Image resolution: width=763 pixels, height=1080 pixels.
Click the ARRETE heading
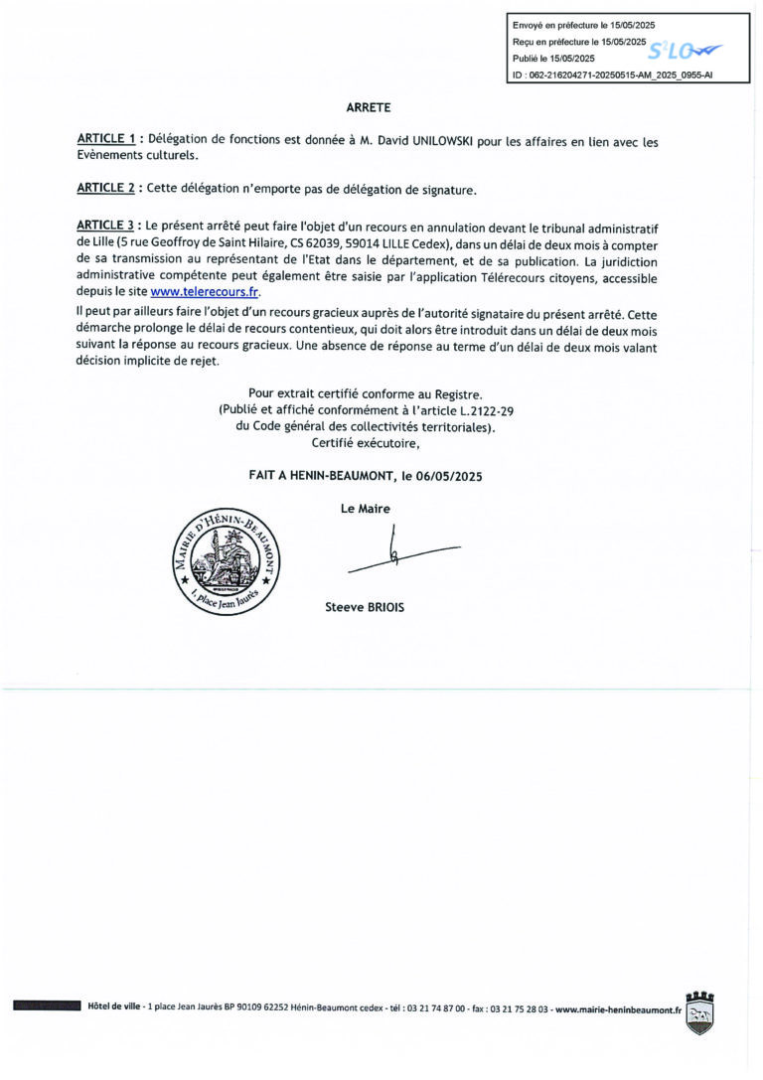(x=369, y=106)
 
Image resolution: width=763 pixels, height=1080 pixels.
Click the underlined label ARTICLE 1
(x=105, y=142)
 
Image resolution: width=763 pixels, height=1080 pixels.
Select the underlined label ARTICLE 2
(x=105, y=189)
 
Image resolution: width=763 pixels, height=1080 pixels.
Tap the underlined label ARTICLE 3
(x=105, y=230)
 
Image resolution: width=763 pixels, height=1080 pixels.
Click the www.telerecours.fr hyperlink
(x=204, y=292)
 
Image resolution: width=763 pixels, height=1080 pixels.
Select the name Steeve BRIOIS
(x=366, y=606)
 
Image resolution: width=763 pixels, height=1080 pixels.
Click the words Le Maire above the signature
(x=366, y=509)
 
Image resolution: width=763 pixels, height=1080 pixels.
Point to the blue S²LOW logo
(x=685, y=51)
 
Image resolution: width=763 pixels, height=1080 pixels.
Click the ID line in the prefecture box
(x=612, y=75)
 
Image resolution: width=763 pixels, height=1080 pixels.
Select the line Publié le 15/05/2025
(x=554, y=59)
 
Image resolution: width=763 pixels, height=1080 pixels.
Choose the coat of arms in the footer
(x=700, y=1012)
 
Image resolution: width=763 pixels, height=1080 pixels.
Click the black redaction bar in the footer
(x=47, y=1006)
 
